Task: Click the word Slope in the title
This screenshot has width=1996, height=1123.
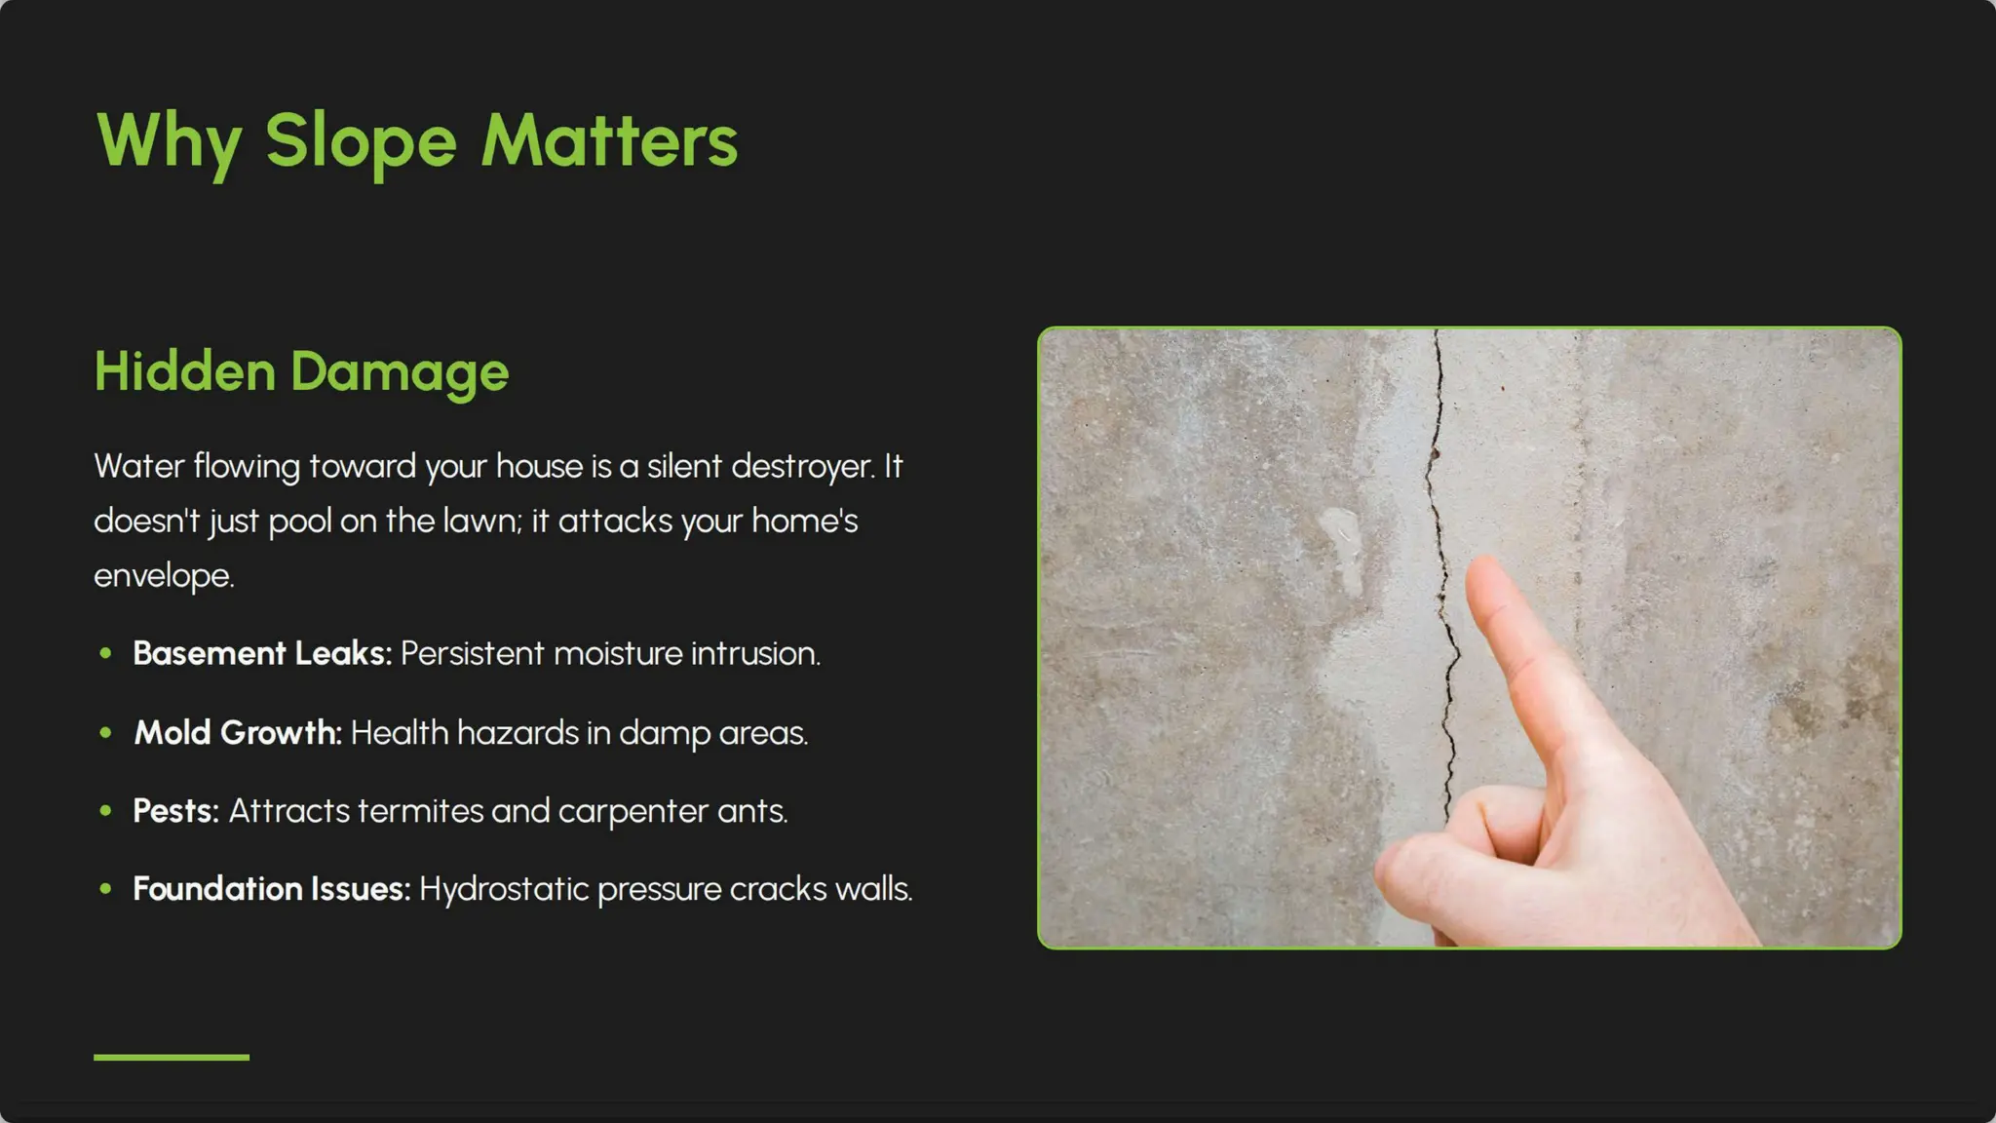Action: tap(361, 141)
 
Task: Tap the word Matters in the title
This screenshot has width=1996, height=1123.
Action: tap(609, 141)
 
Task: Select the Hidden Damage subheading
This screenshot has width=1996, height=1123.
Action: tap(301, 371)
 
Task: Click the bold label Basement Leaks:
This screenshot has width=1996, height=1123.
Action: tap(262, 653)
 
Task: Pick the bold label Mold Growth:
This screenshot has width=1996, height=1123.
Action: tap(238, 732)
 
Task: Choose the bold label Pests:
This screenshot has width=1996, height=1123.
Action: tap(175, 811)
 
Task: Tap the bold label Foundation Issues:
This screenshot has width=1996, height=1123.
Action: tap(271, 889)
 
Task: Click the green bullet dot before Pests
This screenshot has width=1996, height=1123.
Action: tap(105, 810)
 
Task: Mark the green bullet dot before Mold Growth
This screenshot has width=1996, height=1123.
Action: tap(105, 732)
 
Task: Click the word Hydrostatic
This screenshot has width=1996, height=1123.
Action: tap(504, 889)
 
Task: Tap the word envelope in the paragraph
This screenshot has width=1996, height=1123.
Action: tap(163, 575)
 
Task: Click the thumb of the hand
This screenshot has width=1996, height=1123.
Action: tap(1433, 858)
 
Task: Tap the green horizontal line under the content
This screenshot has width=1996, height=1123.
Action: tap(172, 1057)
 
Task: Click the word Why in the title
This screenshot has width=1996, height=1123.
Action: tap(169, 141)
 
